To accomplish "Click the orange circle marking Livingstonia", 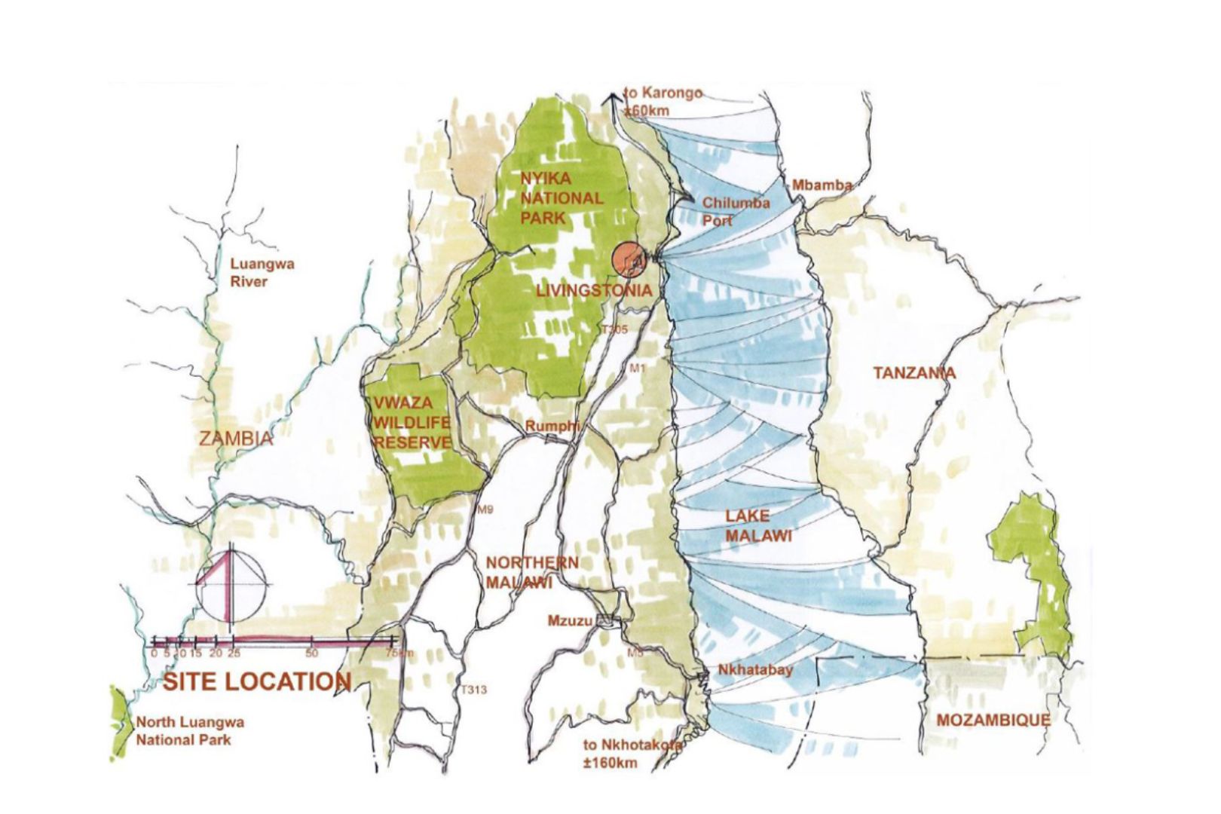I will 629,259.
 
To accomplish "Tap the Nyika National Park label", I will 562,198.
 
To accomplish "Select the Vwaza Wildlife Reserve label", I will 412,423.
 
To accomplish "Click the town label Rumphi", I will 552,426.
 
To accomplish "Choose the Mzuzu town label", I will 571,621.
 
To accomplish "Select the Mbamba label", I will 822,185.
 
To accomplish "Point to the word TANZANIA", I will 913,372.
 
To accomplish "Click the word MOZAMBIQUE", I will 993,720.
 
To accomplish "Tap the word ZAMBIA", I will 236,439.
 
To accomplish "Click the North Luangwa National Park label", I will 189,730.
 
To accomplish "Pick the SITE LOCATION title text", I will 257,681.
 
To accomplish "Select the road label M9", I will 485,510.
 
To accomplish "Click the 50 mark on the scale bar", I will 311,653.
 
